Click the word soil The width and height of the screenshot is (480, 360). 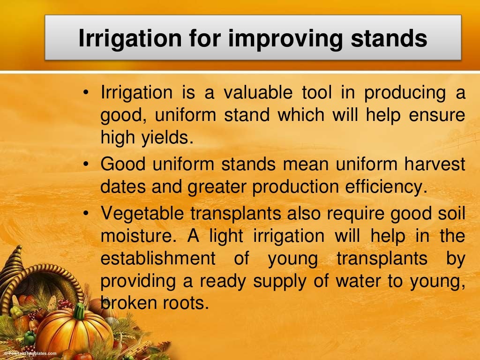click(451, 214)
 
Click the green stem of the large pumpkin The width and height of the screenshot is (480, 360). click(79, 311)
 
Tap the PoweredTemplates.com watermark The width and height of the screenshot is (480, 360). click(29, 353)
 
